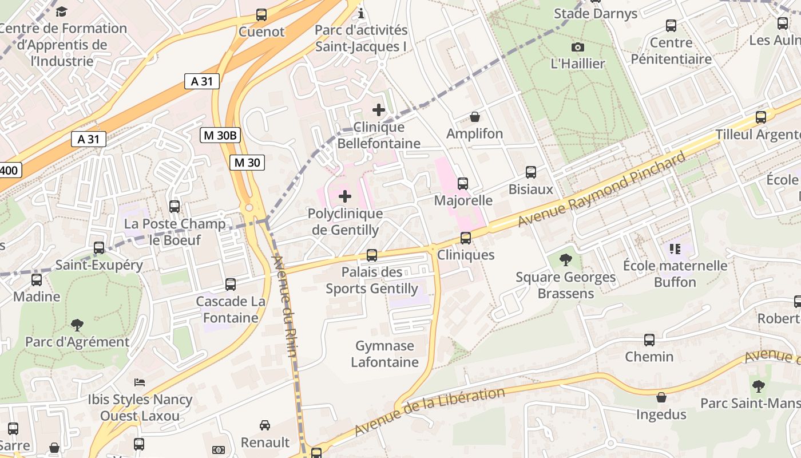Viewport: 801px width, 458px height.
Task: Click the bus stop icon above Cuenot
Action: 261,15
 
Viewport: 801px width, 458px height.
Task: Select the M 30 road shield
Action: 247,163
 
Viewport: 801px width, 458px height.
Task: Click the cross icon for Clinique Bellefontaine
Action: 379,109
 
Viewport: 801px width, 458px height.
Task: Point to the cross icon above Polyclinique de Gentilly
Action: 345,197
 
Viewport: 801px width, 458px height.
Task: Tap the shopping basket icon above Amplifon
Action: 474,117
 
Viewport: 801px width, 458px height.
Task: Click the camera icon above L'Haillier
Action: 578,47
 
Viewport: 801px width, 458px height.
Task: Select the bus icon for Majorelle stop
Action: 463,184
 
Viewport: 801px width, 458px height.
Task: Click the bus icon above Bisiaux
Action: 531,172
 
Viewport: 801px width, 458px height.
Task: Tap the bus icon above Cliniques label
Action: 466,238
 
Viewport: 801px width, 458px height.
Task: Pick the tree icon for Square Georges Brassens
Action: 565,260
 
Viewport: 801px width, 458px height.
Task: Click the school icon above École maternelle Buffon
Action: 675,249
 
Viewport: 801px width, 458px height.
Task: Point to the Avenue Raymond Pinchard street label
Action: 601,189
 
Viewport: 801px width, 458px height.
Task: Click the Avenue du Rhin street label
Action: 285,306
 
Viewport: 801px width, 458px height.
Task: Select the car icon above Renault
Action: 265,425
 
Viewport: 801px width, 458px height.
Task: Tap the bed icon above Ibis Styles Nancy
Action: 140,382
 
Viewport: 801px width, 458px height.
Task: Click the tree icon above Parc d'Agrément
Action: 77,325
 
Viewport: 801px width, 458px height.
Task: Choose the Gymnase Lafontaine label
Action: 384,354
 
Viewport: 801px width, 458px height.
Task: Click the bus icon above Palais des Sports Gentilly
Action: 372,255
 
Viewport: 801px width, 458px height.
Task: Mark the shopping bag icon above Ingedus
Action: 661,397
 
